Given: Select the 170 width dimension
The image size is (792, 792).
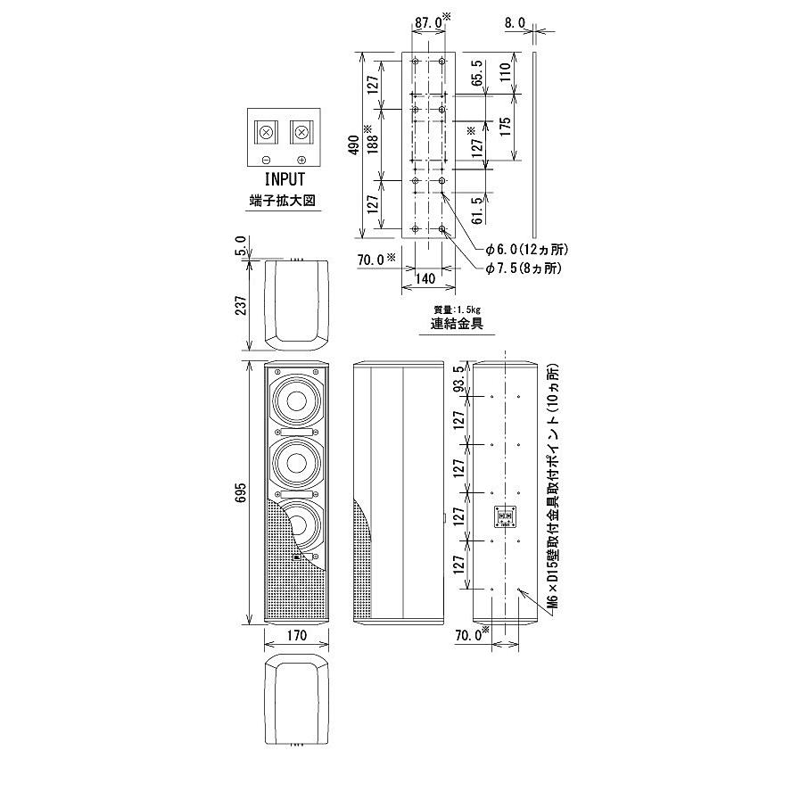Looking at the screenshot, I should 297,636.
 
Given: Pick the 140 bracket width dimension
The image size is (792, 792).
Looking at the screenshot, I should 425,279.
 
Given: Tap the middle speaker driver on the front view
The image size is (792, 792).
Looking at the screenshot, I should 296,462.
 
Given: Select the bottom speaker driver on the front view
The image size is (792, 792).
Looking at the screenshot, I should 296,527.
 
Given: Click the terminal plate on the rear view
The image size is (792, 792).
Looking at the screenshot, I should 507,517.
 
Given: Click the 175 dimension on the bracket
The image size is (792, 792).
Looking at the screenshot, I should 506,125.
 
